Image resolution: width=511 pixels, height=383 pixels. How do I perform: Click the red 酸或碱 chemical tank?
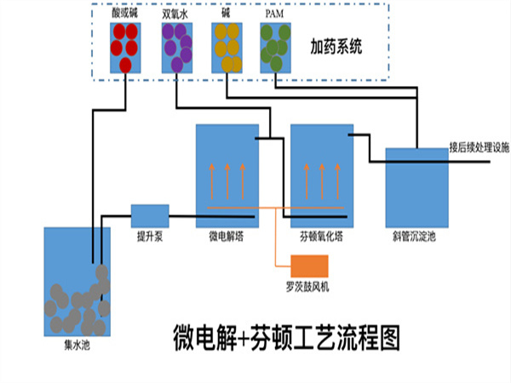coord(125,48)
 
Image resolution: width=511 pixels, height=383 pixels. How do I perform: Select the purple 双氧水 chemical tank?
coord(175,48)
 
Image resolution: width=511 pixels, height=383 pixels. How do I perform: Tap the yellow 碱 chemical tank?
coord(226,48)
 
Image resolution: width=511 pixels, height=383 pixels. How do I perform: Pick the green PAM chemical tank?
coord(275,48)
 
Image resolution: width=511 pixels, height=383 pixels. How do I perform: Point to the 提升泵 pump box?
coord(149,215)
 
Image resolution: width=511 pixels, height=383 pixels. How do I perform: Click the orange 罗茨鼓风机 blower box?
coord(309,266)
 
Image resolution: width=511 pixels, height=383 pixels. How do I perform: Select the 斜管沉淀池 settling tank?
coord(416,186)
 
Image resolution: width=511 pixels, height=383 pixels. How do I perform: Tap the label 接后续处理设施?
coord(479,146)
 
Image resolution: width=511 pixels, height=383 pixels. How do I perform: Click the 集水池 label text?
coord(76,346)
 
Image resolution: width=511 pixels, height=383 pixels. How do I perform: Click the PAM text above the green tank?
coord(274,14)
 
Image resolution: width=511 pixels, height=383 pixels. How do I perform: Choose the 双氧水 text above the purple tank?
coord(175,14)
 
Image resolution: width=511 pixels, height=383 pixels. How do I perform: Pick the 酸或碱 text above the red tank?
coord(124,14)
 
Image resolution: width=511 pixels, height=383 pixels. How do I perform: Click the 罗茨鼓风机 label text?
coord(307,288)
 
